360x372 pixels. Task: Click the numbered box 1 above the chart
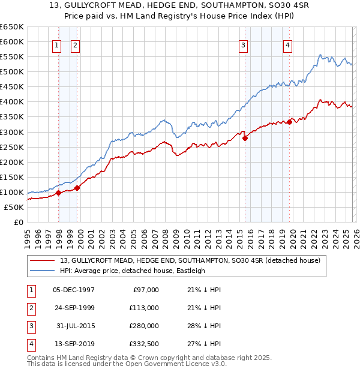[56, 44]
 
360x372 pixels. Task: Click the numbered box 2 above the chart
[76, 44]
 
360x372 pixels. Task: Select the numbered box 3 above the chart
[244, 44]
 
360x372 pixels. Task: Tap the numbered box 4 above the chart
[288, 44]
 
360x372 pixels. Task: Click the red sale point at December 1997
[59, 193]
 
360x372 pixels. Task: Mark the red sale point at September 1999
[77, 188]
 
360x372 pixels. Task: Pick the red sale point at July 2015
[245, 138]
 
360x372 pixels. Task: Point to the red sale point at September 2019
[289, 122]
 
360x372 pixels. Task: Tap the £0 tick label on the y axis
[17, 222]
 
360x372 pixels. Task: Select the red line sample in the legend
[43, 260]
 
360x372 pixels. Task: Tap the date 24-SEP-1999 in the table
[74, 308]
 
